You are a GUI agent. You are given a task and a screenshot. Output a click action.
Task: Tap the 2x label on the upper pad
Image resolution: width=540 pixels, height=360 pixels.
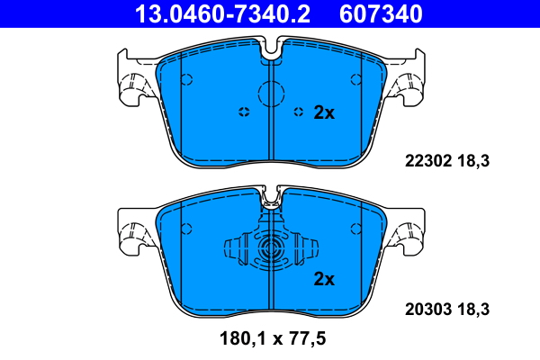[324, 112]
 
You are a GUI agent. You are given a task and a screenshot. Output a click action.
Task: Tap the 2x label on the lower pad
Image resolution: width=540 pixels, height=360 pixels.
[324, 279]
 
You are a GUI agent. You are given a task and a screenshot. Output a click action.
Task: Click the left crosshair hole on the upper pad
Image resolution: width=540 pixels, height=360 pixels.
[243, 112]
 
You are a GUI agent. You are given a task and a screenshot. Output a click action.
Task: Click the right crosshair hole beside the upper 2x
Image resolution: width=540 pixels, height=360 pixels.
[299, 112]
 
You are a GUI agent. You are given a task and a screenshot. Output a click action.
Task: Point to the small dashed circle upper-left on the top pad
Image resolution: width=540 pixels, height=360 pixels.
[187, 78]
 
